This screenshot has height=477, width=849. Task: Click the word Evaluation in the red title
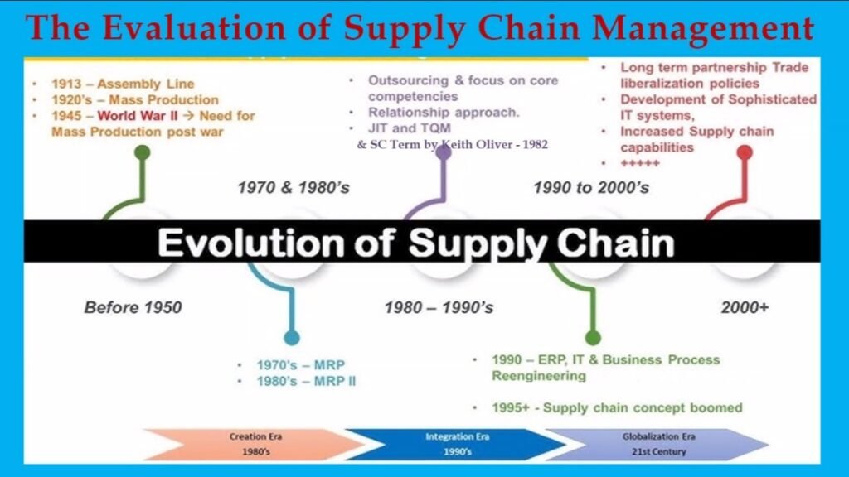pos(194,27)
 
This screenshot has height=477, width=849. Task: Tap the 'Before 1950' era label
pos(133,308)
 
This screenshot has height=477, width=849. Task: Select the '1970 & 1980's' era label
pos(294,188)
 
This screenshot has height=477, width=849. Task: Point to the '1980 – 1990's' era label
pos(439,308)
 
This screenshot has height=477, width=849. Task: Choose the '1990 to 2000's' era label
pos(591,188)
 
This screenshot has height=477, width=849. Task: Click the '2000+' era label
pos(745,308)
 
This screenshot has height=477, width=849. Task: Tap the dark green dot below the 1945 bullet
pos(143,153)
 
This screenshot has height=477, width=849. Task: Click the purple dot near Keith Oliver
pos(444,152)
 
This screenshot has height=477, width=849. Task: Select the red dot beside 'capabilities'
pos(745,152)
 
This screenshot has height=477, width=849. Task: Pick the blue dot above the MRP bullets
pos(292,338)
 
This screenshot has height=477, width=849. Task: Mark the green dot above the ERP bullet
pos(593,338)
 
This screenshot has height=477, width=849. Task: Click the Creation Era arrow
pos(254,444)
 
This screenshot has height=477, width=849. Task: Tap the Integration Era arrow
pos(456,444)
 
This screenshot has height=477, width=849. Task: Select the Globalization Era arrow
pos(657,444)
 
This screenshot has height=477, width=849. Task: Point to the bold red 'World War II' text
pos(138,116)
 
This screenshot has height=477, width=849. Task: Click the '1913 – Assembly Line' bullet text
pos(123,84)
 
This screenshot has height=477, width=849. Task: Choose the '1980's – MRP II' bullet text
pos(306,381)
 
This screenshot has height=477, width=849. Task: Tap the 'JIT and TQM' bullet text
pos(410,128)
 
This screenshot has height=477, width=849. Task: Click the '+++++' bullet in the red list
pos(640,163)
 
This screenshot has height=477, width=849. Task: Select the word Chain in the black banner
pos(615,243)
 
